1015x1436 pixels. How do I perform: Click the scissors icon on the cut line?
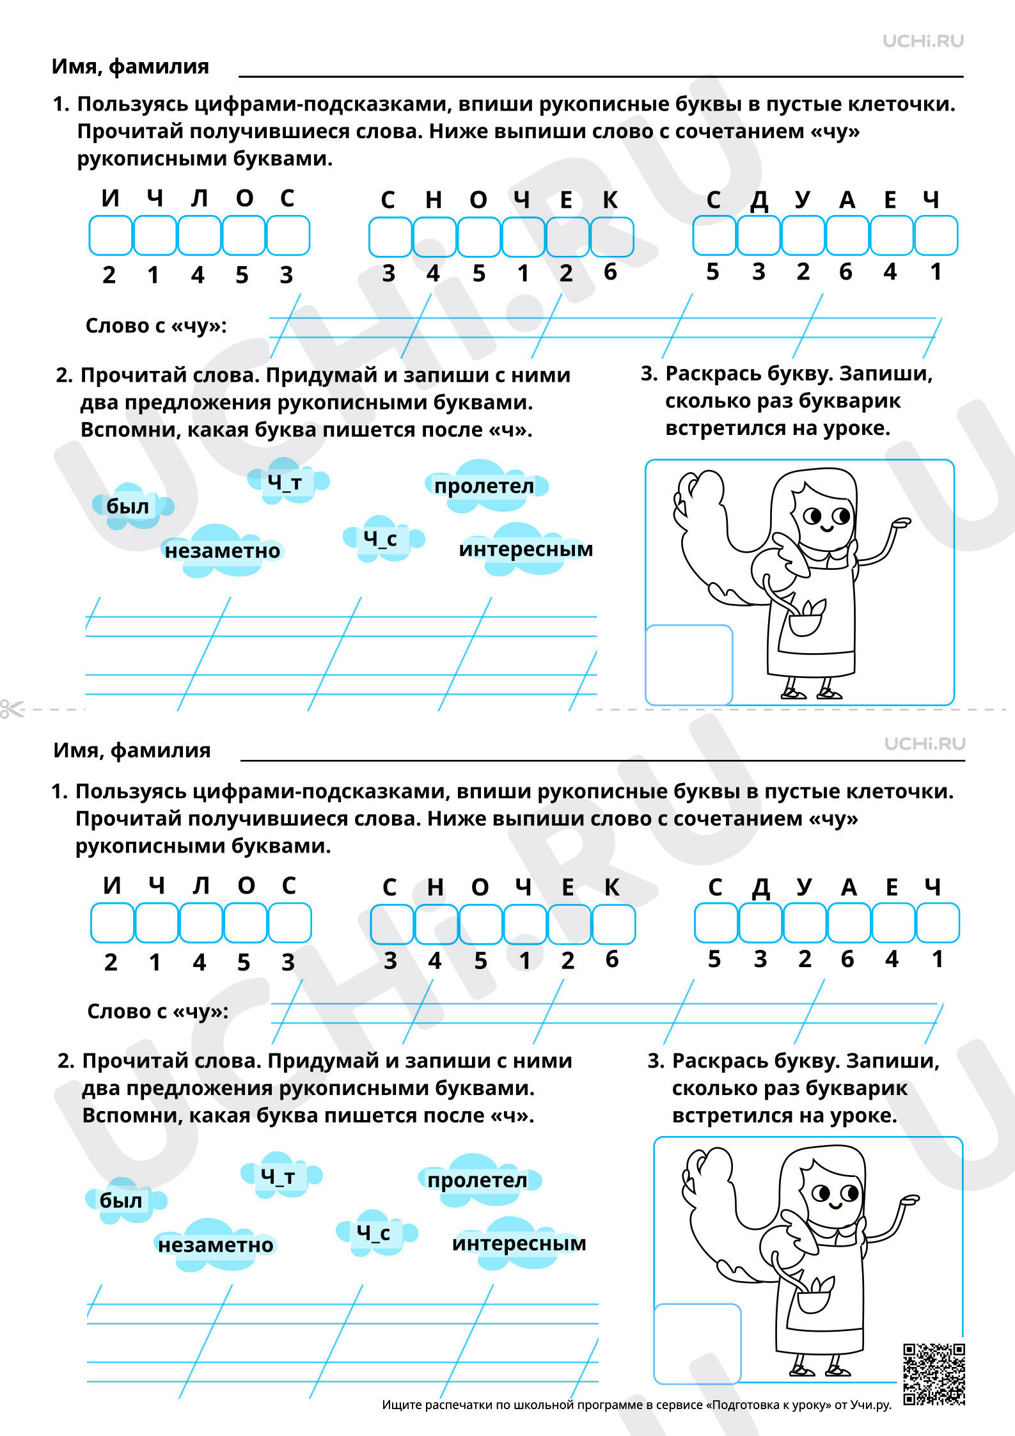12,709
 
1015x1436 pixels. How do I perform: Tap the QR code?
934,1374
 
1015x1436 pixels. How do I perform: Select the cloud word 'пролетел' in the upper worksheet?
484,486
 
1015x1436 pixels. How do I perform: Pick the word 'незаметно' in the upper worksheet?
223,551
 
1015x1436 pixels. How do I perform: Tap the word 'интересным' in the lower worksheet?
519,1243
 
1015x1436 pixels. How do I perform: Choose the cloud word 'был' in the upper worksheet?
127,506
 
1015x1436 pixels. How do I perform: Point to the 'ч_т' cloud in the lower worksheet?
278,1176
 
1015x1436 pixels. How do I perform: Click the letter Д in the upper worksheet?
759,201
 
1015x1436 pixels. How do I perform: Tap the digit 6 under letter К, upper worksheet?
611,272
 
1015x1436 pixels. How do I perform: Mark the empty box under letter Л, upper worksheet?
199,235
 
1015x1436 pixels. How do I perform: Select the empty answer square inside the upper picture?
689,665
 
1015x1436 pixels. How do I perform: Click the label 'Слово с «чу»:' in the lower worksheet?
158,1011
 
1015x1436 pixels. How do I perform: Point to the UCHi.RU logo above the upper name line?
923,42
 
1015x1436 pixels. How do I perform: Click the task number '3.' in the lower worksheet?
656,1061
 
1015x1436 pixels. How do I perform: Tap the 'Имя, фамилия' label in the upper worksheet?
130,67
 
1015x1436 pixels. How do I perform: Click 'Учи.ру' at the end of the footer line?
871,1405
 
